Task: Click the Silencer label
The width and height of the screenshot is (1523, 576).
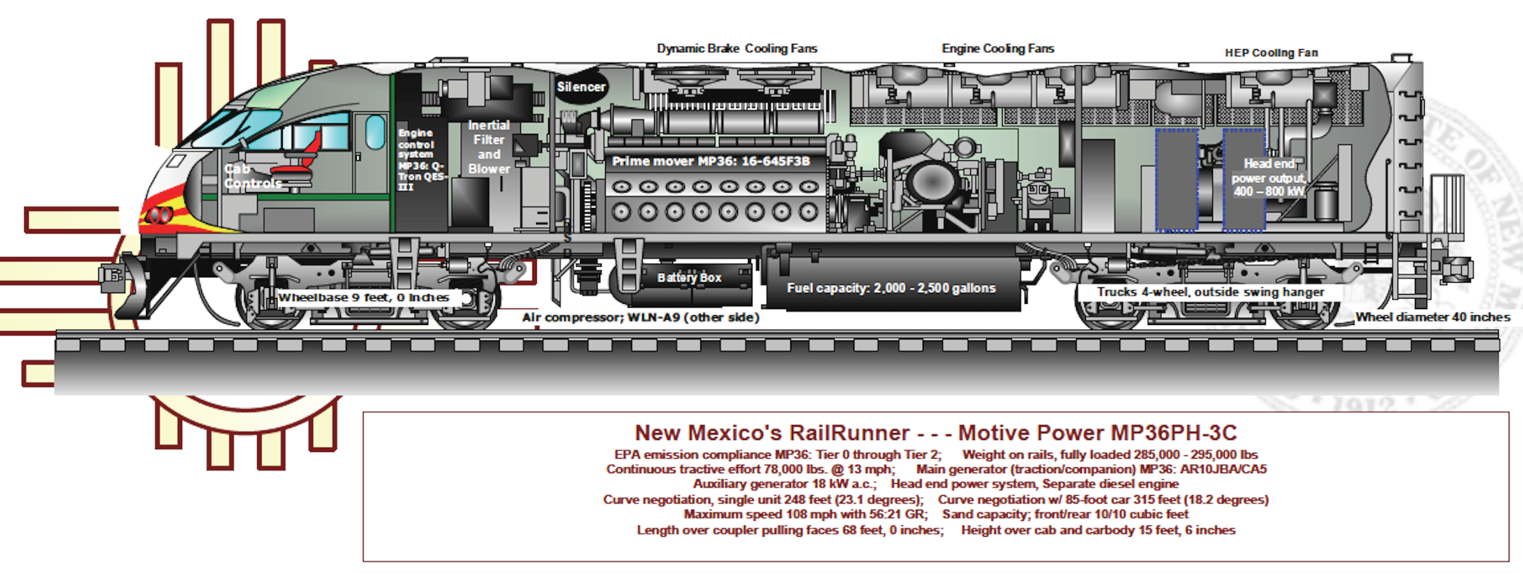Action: [581, 87]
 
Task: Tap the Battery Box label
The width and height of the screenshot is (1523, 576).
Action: [689, 277]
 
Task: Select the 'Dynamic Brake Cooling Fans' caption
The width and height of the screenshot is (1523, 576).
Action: [737, 48]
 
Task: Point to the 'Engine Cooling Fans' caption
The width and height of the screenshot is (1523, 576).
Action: [997, 48]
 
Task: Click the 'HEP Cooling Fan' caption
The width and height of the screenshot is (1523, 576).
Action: [1271, 53]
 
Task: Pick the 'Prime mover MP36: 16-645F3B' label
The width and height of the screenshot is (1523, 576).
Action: [711, 161]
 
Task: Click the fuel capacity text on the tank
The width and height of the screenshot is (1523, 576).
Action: [891, 288]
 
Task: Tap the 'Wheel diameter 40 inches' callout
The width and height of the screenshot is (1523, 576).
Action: [1432, 317]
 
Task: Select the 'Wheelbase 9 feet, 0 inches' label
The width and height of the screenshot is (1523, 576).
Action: [364, 298]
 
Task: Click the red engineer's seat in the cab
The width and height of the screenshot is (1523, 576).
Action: [301, 159]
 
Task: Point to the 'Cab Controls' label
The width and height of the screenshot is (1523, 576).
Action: [253, 176]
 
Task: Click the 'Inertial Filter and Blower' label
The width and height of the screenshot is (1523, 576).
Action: [489, 147]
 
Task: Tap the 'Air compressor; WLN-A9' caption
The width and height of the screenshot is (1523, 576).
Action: [640, 317]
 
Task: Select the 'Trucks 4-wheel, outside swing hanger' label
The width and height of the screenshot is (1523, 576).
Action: [1211, 292]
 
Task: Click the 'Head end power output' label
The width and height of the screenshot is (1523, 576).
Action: [1269, 178]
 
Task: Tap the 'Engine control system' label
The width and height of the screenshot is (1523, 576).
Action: [421, 159]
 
